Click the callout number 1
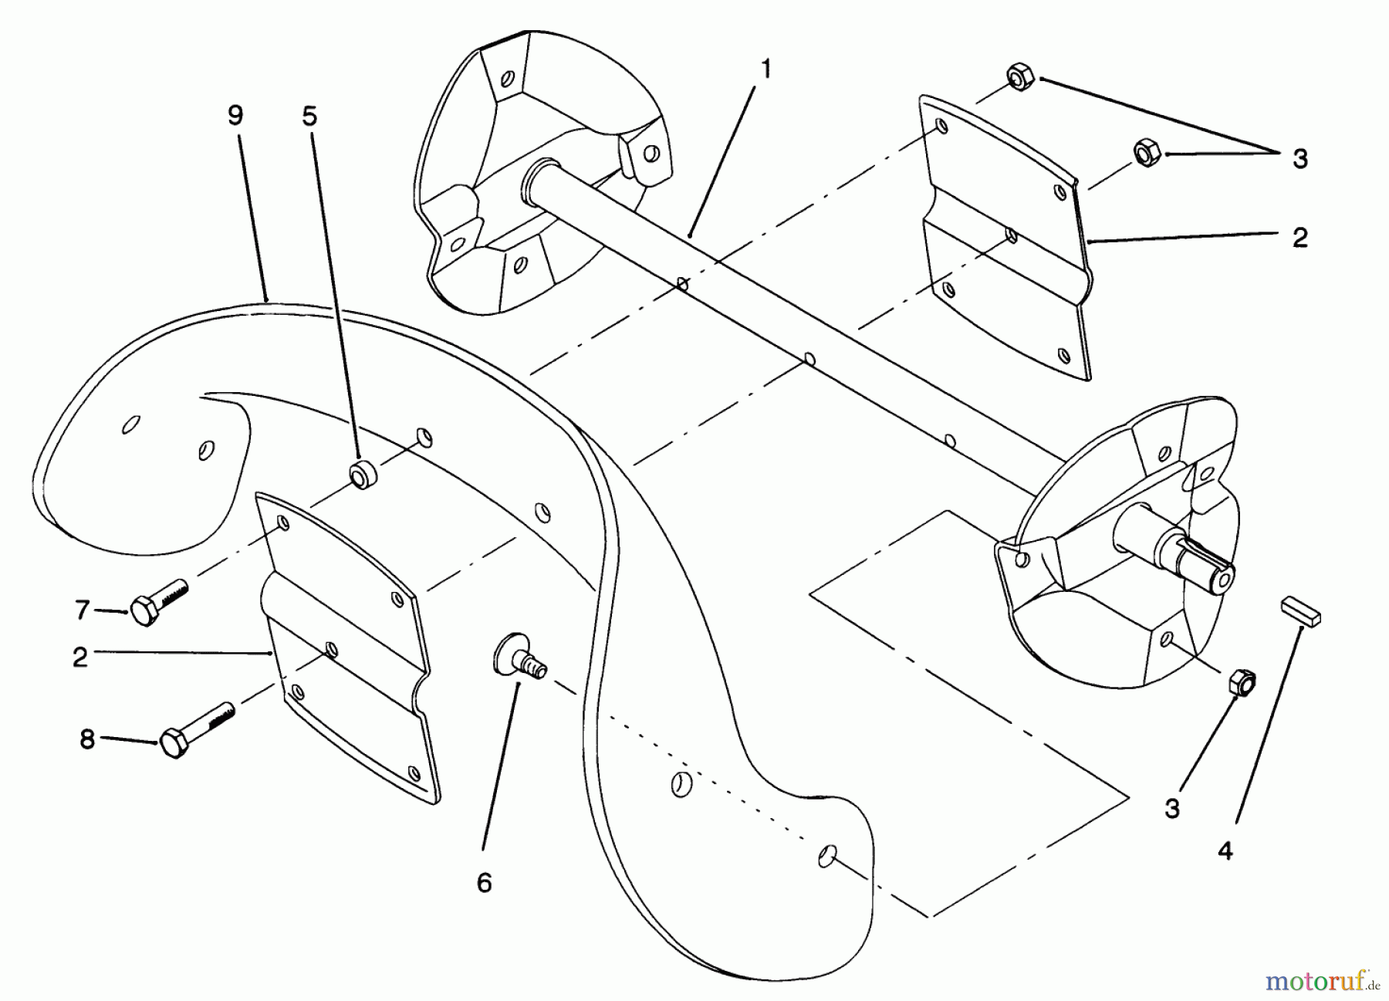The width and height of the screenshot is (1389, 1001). pyautogui.click(x=765, y=70)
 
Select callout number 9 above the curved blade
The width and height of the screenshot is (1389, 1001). pyautogui.click(x=235, y=116)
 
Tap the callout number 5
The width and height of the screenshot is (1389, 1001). pyautogui.click(x=309, y=116)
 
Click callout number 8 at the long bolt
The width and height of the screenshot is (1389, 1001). pyautogui.click(x=87, y=739)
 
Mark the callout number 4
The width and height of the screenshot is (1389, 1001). pyautogui.click(x=1225, y=851)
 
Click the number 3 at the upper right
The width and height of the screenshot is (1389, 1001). pyautogui.click(x=1300, y=160)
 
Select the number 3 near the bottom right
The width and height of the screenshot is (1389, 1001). pyautogui.click(x=1172, y=809)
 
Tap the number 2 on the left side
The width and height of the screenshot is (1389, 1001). pyautogui.click(x=80, y=658)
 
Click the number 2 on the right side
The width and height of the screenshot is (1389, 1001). pyautogui.click(x=1300, y=238)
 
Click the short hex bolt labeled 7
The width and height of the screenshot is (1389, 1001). pyautogui.click(x=157, y=600)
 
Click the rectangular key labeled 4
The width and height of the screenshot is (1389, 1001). pyautogui.click(x=1301, y=609)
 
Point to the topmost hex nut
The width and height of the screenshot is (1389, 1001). pyautogui.click(x=1021, y=79)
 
